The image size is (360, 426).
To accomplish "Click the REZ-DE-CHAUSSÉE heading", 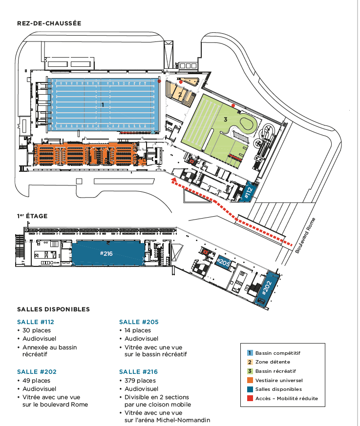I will (49, 23).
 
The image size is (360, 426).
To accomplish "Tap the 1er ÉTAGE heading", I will (32, 216).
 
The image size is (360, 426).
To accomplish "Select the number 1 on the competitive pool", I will (103, 104).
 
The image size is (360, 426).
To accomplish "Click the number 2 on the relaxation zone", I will (180, 94).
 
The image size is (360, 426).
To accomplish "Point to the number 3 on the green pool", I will (225, 119).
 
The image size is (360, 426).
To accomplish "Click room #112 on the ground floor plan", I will (248, 192).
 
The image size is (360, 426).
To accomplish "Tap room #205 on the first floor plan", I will (223, 263).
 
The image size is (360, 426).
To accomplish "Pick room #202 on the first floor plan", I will (267, 288).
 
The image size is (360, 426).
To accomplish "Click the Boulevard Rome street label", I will (306, 235).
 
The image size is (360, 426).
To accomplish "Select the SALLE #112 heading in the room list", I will (35, 322).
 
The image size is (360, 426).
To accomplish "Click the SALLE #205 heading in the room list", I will (139, 322).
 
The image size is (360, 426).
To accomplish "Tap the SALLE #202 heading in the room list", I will (36, 372).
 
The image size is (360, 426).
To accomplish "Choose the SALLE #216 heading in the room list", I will (139, 372).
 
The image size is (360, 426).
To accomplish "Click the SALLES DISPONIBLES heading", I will (53, 309).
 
